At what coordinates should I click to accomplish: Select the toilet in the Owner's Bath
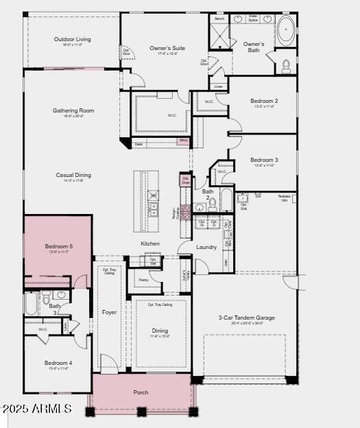(x=287, y=66)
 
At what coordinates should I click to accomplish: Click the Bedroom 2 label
(x=263, y=101)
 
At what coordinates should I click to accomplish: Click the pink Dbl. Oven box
(x=185, y=180)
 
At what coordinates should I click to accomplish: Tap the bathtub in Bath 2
(x=226, y=203)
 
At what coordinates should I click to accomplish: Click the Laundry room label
(x=206, y=247)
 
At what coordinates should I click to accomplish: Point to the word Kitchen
(x=150, y=243)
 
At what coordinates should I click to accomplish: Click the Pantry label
(x=143, y=280)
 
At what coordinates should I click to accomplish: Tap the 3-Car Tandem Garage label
(x=247, y=318)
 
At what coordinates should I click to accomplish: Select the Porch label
(x=141, y=392)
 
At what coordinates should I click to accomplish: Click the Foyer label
(x=110, y=312)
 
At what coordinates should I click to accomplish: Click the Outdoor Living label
(x=72, y=39)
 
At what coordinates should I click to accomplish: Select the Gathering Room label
(x=73, y=110)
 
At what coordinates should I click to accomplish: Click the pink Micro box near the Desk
(x=183, y=141)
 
